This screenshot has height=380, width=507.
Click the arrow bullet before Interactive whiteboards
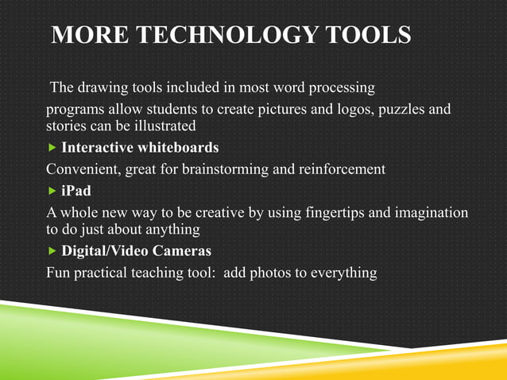[x=52, y=148]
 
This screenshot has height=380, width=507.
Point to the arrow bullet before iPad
[x=52, y=191]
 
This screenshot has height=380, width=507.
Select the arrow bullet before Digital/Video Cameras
[x=52, y=252]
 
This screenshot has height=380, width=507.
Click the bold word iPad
[x=76, y=191]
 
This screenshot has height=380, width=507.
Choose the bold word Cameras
[x=183, y=252]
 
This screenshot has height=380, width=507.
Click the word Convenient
[x=82, y=169]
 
